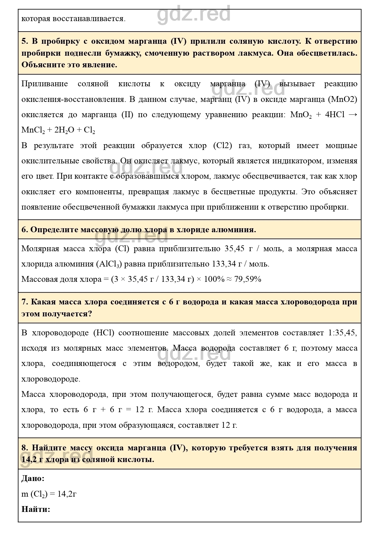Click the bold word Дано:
point(33,478)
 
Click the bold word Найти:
point(35,509)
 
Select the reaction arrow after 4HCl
point(353,115)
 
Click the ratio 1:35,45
point(342,333)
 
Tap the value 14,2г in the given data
point(67,494)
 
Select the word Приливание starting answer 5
point(45,84)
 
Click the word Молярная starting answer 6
point(40,248)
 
